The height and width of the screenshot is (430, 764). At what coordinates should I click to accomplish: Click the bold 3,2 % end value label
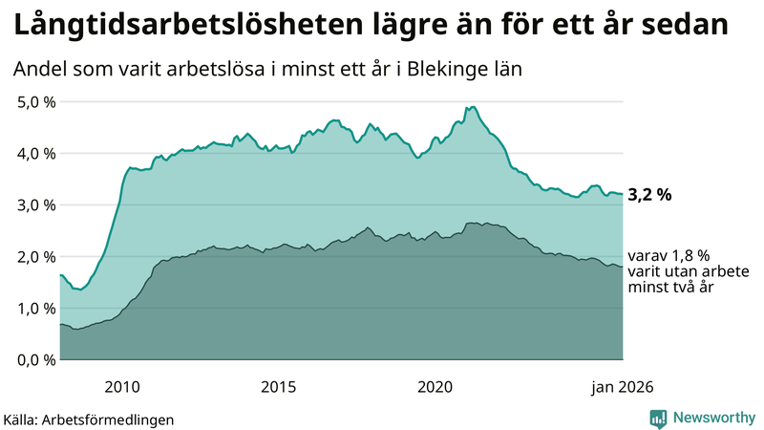649,195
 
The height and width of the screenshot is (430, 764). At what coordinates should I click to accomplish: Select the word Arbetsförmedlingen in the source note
115,419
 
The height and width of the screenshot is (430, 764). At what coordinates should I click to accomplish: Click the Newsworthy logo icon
659,418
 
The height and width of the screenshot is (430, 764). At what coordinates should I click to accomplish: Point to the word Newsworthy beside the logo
712,418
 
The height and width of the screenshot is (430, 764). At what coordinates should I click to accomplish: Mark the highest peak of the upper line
475,107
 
